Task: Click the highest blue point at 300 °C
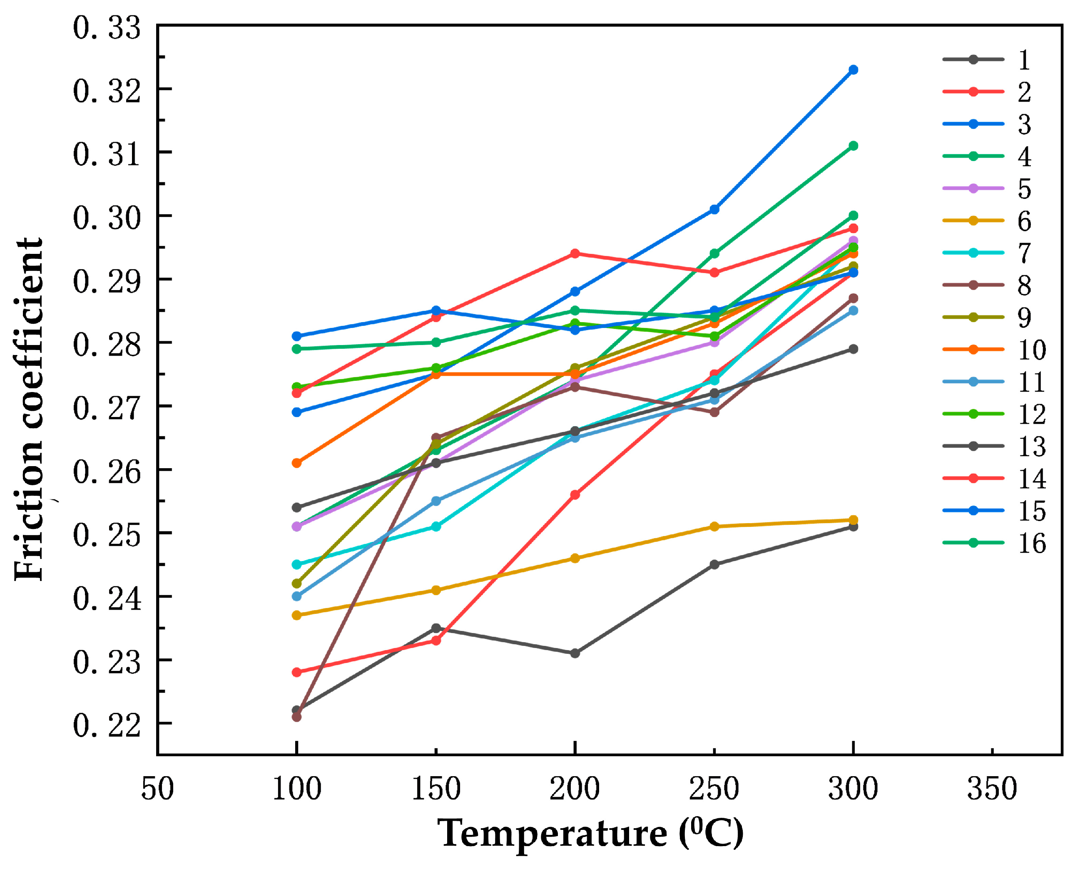[853, 70]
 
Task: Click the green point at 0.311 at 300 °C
[853, 146]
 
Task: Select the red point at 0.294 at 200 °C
[575, 254]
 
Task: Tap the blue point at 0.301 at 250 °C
[714, 209]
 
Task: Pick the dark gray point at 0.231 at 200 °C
[575, 653]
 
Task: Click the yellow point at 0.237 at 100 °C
[296, 615]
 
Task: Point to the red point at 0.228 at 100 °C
[296, 672]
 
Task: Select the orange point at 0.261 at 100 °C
[296, 463]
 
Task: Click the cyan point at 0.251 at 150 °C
[436, 526]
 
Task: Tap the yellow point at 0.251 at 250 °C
[714, 526]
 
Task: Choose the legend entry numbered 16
[994, 543]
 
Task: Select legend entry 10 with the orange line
[994, 350]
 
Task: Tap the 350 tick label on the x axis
[992, 790]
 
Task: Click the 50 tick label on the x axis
[157, 790]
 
